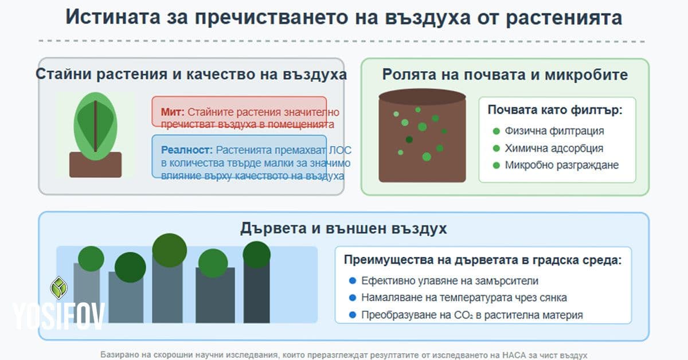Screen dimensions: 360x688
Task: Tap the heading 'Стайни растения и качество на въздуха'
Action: point(191,75)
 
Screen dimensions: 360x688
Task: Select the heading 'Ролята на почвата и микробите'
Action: point(505,75)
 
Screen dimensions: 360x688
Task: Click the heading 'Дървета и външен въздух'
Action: point(343,228)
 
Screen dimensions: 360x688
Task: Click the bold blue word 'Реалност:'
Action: point(186,150)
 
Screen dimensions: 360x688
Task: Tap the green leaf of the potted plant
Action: point(95,125)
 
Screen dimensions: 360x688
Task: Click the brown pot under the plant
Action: point(95,165)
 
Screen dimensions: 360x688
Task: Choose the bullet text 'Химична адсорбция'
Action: point(554,148)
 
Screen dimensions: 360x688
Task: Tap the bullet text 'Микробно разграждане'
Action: point(561,166)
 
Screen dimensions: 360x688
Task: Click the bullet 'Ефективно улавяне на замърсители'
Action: point(449,281)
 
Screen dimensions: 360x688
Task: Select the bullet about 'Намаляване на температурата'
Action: point(464,298)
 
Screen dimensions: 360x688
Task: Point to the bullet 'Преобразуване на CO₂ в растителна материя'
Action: point(472,315)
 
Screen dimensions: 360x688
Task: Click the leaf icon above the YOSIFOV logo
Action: point(59,288)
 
